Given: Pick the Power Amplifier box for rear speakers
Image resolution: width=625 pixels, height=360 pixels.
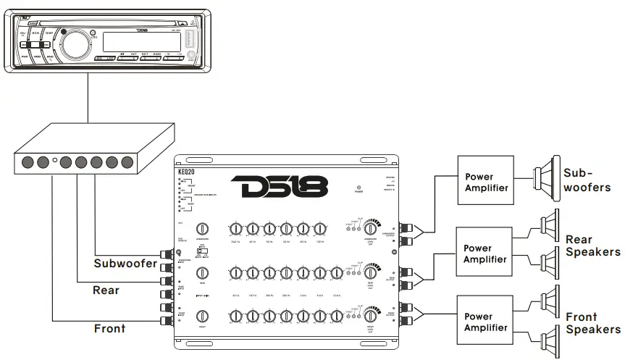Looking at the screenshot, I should tap(482, 253).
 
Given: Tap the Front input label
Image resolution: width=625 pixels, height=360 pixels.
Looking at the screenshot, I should tap(109, 328).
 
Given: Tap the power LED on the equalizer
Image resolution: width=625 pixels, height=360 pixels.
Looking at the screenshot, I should tap(358, 186).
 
